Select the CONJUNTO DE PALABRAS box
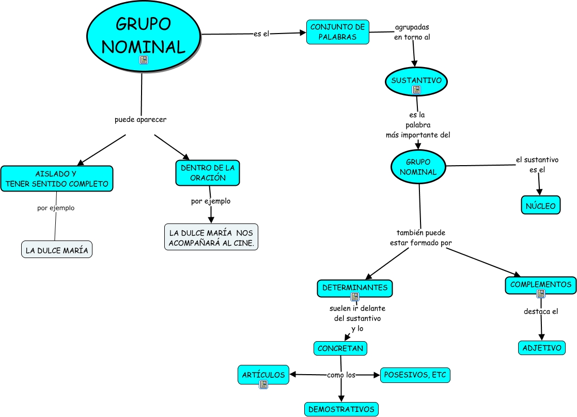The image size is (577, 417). (338, 32)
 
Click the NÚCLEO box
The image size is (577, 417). (540, 206)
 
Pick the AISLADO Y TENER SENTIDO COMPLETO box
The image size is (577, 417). (57, 179)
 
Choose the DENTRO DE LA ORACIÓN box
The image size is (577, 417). (208, 173)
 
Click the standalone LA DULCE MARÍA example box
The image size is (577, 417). (57, 251)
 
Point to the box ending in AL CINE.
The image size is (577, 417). (211, 237)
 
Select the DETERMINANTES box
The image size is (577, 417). (354, 287)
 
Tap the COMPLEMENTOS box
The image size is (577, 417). (540, 285)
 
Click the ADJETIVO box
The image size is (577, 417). (541, 348)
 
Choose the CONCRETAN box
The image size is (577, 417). (340, 348)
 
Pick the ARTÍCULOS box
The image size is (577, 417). (263, 375)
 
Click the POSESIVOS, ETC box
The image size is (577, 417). (415, 375)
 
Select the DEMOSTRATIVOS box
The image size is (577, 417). (341, 409)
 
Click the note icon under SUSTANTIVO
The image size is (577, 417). (416, 90)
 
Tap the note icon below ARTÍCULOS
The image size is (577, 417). (263, 384)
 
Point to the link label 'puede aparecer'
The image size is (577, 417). (141, 120)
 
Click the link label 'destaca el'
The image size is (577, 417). (541, 311)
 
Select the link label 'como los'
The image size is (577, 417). (341, 375)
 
